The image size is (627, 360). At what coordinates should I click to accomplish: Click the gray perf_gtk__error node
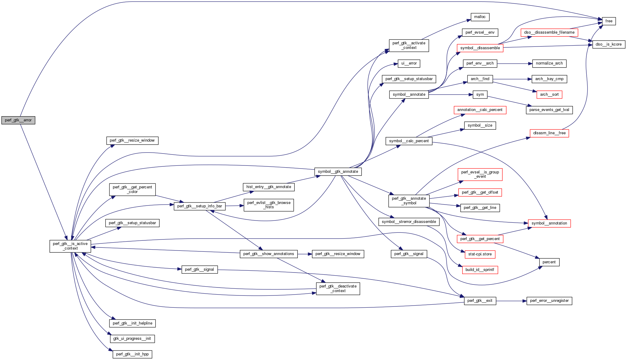18,120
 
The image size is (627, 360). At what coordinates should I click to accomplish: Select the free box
609,21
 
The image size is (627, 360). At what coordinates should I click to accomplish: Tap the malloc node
480,17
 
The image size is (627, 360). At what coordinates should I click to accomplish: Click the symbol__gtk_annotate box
338,172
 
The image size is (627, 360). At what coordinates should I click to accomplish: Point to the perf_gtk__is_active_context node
70,246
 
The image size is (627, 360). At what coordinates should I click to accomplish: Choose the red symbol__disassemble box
480,48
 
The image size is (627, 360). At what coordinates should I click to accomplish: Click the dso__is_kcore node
608,44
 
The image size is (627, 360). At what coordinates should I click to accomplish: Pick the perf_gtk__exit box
480,301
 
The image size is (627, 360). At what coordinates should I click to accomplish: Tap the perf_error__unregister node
549,301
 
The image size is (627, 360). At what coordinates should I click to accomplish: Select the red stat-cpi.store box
480,254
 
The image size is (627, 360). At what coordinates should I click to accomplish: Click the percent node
549,262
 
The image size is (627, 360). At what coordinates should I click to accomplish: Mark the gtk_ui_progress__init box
132,339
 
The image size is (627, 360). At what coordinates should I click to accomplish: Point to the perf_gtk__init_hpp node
132,354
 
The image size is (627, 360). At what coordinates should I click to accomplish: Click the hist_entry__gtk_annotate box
268,187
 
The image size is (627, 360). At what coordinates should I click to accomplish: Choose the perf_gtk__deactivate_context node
338,288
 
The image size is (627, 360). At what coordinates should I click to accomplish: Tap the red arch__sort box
549,95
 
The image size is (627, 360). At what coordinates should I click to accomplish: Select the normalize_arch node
549,63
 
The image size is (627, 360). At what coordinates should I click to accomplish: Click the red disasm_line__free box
549,133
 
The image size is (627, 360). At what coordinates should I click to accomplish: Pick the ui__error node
409,63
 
